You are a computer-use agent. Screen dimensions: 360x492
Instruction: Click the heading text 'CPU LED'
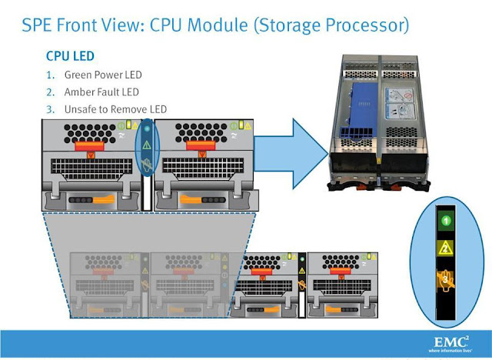tap(70, 57)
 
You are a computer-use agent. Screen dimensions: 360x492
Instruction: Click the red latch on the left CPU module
tap(90, 145)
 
